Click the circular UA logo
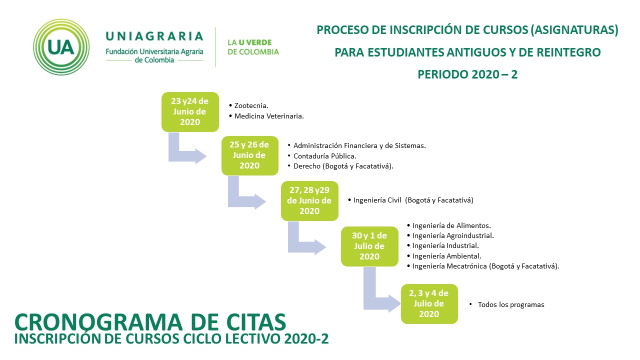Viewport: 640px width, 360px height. pos(61,47)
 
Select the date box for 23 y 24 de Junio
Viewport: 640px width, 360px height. pos(190,111)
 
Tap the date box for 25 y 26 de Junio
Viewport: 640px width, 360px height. pos(250,155)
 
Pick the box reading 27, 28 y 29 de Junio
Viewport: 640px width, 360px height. pos(309,200)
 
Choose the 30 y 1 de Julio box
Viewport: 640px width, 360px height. pos(369,246)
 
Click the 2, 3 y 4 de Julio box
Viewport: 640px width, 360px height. pos(429,303)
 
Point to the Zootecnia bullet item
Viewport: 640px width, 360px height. pos(248,105)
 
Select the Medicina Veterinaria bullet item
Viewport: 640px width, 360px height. pos(266,116)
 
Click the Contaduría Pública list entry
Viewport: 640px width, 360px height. pos(322,156)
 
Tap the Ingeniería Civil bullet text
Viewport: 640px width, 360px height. pos(410,200)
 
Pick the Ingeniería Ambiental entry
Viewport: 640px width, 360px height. pos(444,256)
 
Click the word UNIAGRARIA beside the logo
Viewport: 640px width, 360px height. pos(154,36)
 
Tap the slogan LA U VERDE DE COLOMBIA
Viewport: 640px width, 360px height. pos(253,47)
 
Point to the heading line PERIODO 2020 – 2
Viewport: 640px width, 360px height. pos(467,74)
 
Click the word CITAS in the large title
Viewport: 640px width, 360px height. pos(256,322)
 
